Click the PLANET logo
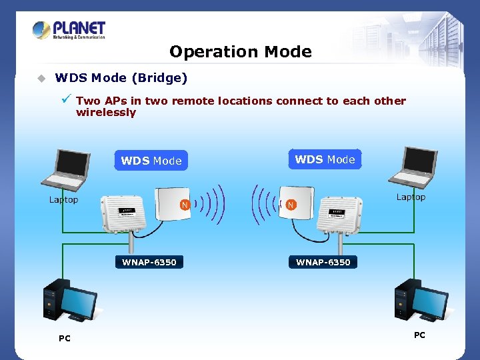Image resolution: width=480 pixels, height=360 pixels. pos(69,30)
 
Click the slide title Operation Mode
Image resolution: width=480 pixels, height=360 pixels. pos(240,51)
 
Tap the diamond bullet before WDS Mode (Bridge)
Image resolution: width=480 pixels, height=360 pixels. pos(41,79)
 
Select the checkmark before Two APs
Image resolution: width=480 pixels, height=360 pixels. pos(65,99)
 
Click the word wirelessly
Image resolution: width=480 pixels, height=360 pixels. pos(106,113)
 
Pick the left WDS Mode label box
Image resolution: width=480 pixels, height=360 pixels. pos(151,161)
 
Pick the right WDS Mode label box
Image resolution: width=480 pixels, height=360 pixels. pos(325,159)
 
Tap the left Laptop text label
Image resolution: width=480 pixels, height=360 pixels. pos(63,199)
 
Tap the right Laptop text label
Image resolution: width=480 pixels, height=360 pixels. pos(411,197)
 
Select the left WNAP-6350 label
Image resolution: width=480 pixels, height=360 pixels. pos(149,262)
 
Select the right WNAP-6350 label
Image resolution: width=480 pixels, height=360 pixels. pos(323,262)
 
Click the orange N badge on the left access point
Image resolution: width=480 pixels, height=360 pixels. pos(185,205)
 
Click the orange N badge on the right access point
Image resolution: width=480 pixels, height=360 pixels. pos(291,205)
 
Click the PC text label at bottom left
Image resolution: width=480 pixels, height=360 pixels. pos(64,339)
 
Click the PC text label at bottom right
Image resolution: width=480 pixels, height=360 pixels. pos(419,335)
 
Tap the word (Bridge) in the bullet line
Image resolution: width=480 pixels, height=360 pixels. pos(159,78)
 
